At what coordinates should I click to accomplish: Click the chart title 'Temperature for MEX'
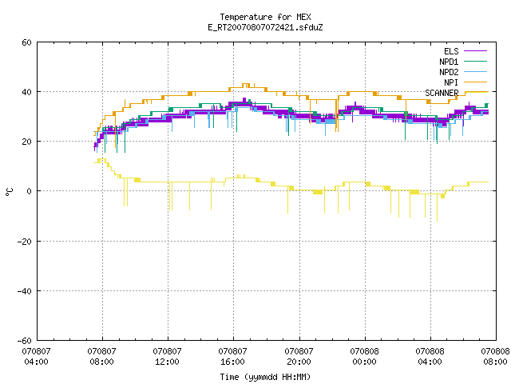coord(265,17)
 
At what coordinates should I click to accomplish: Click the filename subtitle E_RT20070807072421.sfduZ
coord(265,27)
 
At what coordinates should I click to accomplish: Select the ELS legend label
coord(451,51)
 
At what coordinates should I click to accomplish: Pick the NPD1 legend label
coord(449,62)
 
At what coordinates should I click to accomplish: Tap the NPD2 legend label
coord(449,72)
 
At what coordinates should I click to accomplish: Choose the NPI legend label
coord(451,82)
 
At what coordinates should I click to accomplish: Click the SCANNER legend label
coord(442,93)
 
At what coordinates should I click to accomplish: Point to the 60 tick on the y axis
coord(26,42)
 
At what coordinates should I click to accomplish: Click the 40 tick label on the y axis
coord(26,92)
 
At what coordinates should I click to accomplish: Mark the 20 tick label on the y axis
coord(26,142)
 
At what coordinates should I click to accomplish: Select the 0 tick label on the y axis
coord(29,191)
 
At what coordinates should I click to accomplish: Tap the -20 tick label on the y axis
coord(25,242)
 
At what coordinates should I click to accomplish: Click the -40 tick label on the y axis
coord(25,291)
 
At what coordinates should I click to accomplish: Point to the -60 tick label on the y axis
coord(25,341)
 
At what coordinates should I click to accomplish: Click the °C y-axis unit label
coord(10,192)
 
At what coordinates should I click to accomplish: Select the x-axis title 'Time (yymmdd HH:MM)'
coord(265,377)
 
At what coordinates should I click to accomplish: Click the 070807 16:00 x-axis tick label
coord(232,357)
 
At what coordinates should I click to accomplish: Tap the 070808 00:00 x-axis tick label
coord(364,357)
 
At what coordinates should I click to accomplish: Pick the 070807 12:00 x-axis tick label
coord(167,357)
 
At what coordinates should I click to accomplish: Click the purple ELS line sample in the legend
coord(475,51)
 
